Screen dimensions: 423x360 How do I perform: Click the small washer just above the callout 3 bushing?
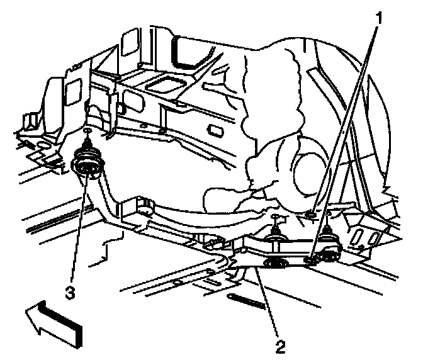[87, 132]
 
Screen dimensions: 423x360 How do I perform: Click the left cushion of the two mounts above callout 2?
[275, 234]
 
